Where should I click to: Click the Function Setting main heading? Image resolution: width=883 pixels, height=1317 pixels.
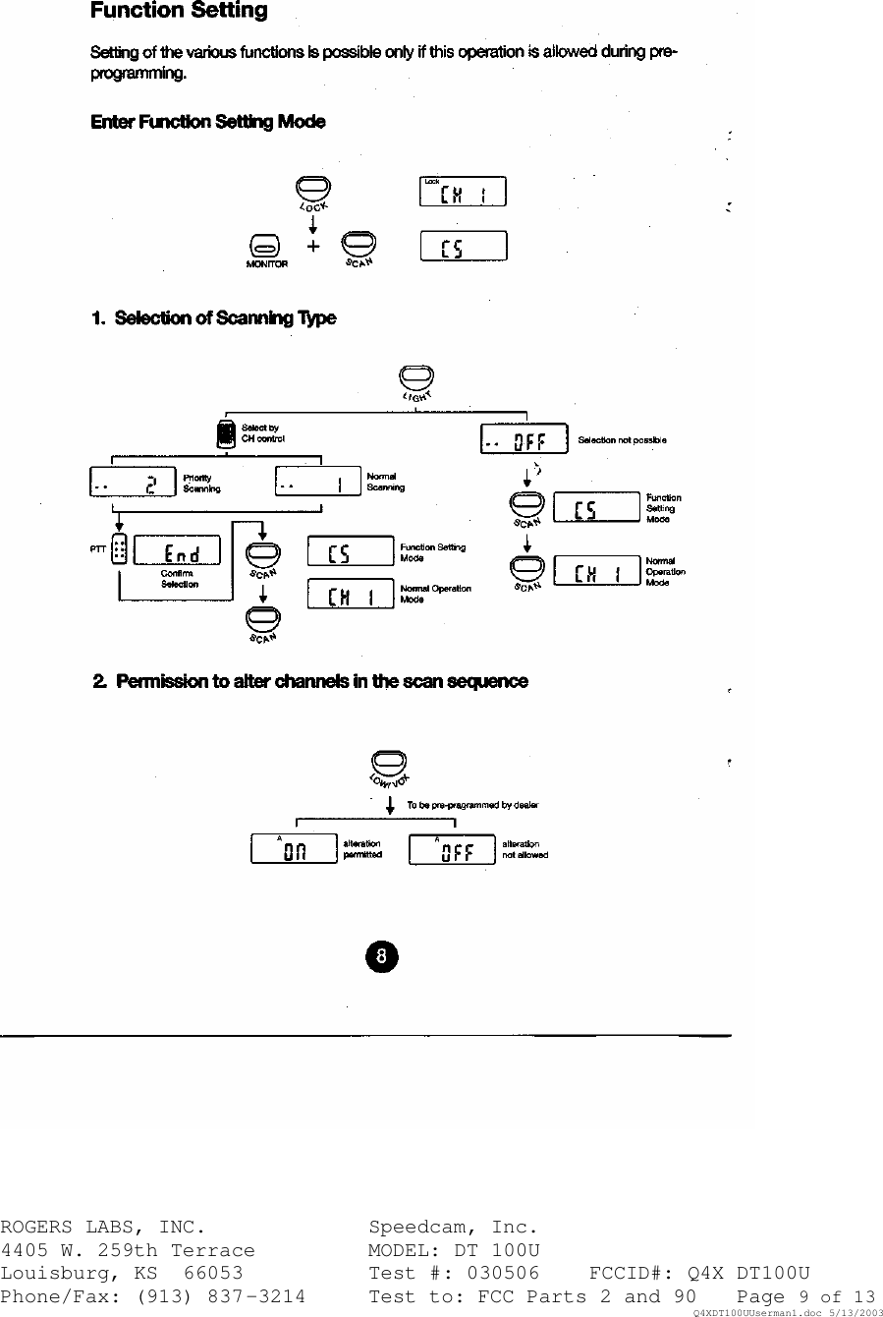pos(179,12)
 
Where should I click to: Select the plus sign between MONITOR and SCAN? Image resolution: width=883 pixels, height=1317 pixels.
pos(313,246)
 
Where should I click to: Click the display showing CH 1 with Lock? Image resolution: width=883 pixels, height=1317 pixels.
pos(463,192)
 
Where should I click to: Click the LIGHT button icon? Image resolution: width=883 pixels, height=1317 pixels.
pos(416,377)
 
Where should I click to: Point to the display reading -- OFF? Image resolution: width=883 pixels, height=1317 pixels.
pos(524,439)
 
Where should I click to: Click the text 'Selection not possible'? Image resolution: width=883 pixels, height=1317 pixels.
pos(622,440)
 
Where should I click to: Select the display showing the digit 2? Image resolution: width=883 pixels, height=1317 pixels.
pos(132,483)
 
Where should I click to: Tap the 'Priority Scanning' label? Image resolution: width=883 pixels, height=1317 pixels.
pos(201,483)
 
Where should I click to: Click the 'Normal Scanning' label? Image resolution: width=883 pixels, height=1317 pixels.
pos(385,482)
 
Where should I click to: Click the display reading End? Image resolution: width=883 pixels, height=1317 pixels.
pos(177,550)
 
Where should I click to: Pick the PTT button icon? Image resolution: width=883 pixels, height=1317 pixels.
pos(119,550)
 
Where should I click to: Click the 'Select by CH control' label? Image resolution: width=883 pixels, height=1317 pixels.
pos(262,433)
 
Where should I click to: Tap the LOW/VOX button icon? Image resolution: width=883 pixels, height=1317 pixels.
pos(389,762)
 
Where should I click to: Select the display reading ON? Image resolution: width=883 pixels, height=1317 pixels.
pos(294,849)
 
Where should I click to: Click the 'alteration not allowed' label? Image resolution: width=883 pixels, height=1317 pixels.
pos(524,849)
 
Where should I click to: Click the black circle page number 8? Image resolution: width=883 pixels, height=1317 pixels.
pos(383,955)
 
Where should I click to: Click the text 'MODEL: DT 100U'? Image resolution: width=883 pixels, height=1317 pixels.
pos(454,1250)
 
